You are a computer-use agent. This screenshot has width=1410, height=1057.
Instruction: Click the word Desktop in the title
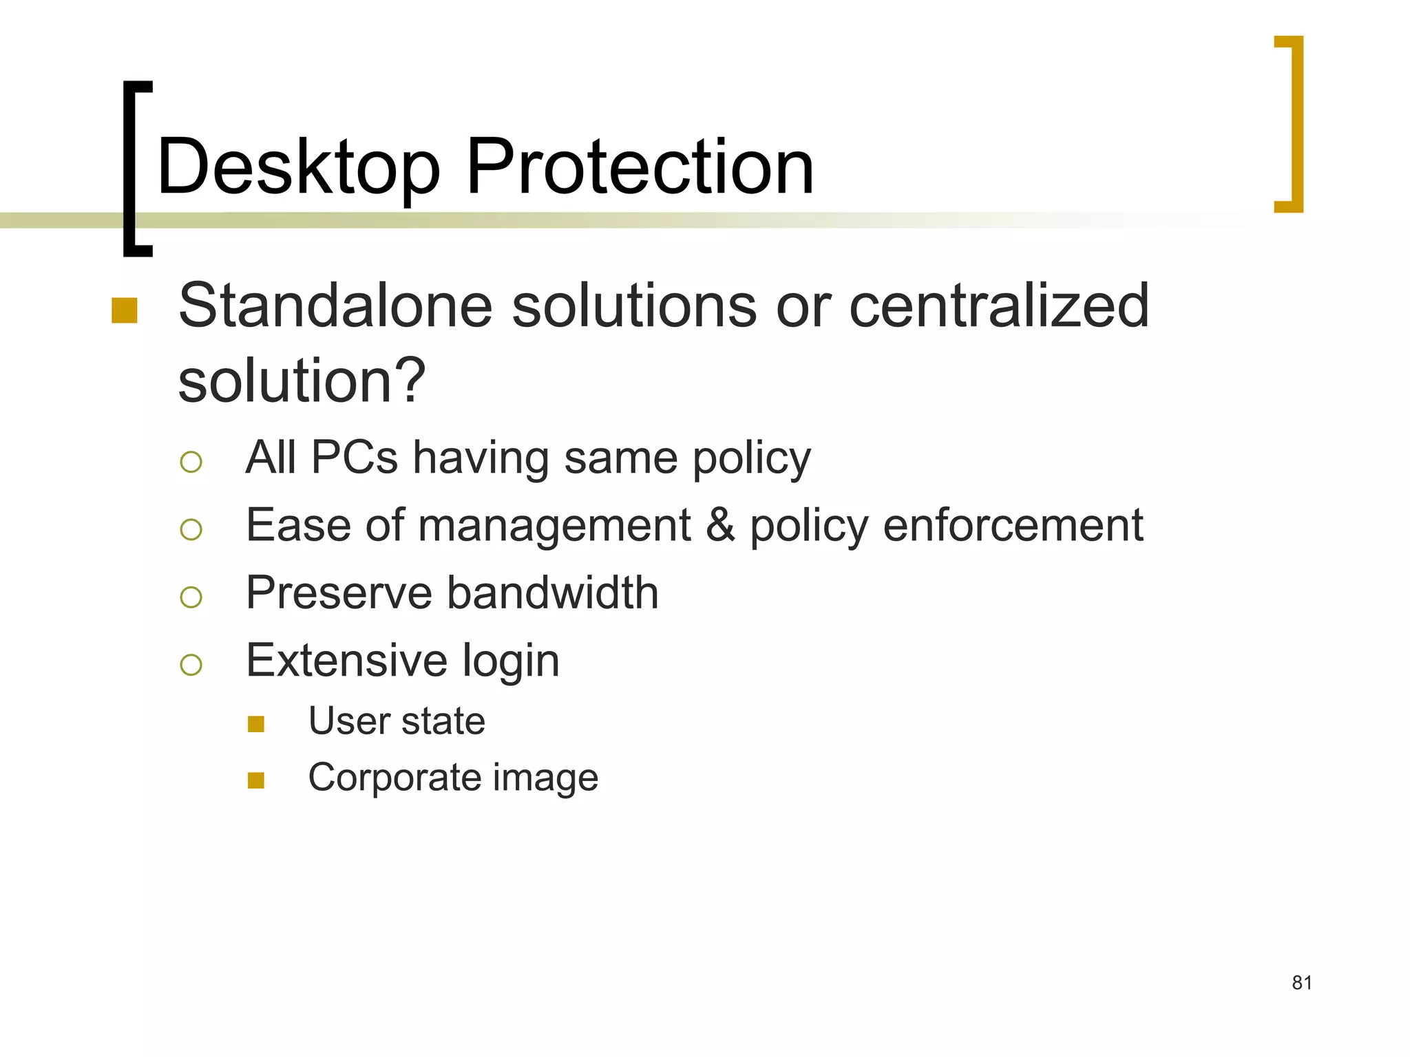297,167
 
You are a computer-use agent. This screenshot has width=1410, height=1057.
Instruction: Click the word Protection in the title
640,167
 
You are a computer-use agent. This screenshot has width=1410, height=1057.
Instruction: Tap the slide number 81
1301,983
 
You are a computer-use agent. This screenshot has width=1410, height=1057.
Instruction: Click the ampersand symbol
720,525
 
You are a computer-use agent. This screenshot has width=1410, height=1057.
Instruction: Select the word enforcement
1013,525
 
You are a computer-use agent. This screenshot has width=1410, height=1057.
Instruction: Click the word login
510,661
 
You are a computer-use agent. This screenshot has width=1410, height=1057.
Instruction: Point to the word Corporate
394,778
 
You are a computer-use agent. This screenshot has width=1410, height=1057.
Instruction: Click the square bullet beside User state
256,724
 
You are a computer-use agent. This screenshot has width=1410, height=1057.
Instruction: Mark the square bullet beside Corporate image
256,780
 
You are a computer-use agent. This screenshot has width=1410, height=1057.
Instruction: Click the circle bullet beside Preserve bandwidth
191,597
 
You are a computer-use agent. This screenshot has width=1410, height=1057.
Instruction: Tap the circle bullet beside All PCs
191,462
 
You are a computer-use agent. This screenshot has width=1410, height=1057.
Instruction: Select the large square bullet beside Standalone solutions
125,310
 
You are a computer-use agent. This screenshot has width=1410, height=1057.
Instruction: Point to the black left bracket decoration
129,169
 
